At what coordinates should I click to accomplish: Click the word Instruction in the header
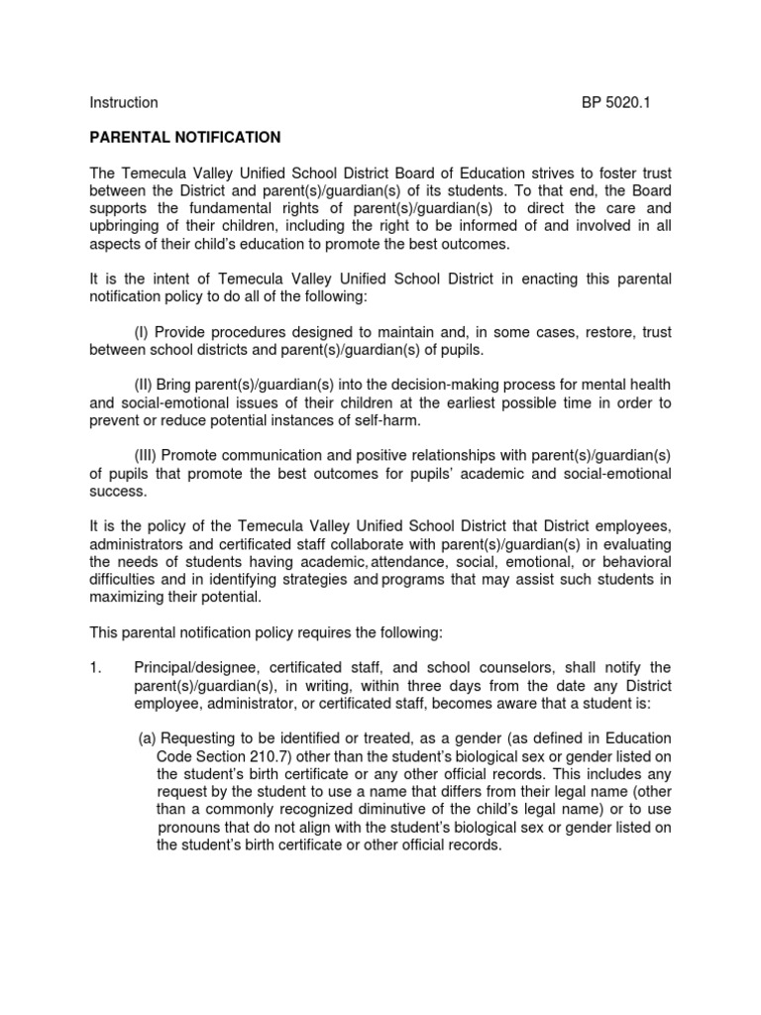[x=124, y=102]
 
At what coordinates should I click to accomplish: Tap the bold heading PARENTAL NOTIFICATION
[x=185, y=137]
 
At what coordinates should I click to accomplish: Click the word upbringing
[x=127, y=227]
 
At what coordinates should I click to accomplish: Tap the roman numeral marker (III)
[x=147, y=455]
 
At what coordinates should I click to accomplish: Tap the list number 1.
[x=95, y=667]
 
